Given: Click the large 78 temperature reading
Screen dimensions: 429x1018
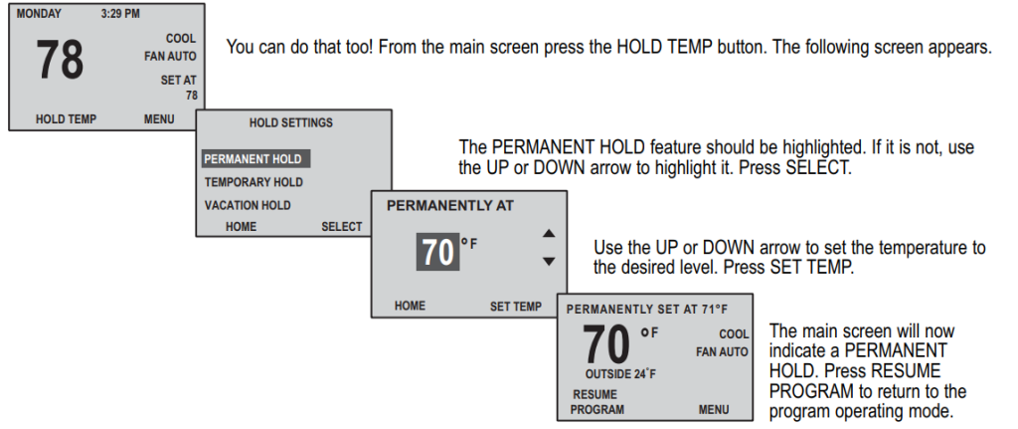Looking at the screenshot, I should pyautogui.click(x=60, y=61).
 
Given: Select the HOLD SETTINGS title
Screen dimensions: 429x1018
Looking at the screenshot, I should pyautogui.click(x=290, y=122).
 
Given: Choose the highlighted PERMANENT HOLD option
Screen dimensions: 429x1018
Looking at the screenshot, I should pyautogui.click(x=253, y=159).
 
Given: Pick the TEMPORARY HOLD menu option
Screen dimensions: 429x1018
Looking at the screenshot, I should pyautogui.click(x=254, y=183).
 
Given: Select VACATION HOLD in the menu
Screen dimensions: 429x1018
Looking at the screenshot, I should pyautogui.click(x=248, y=206).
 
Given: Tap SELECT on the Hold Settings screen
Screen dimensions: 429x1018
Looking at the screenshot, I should pyautogui.click(x=341, y=227).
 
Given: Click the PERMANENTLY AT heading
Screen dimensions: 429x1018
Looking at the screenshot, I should pyautogui.click(x=450, y=206).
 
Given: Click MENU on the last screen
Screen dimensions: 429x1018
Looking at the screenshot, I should pyautogui.click(x=713, y=409).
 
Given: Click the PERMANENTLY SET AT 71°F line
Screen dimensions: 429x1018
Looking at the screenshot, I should pyautogui.click(x=647, y=310).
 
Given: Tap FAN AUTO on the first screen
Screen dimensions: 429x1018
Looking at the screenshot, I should pyautogui.click(x=170, y=57).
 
